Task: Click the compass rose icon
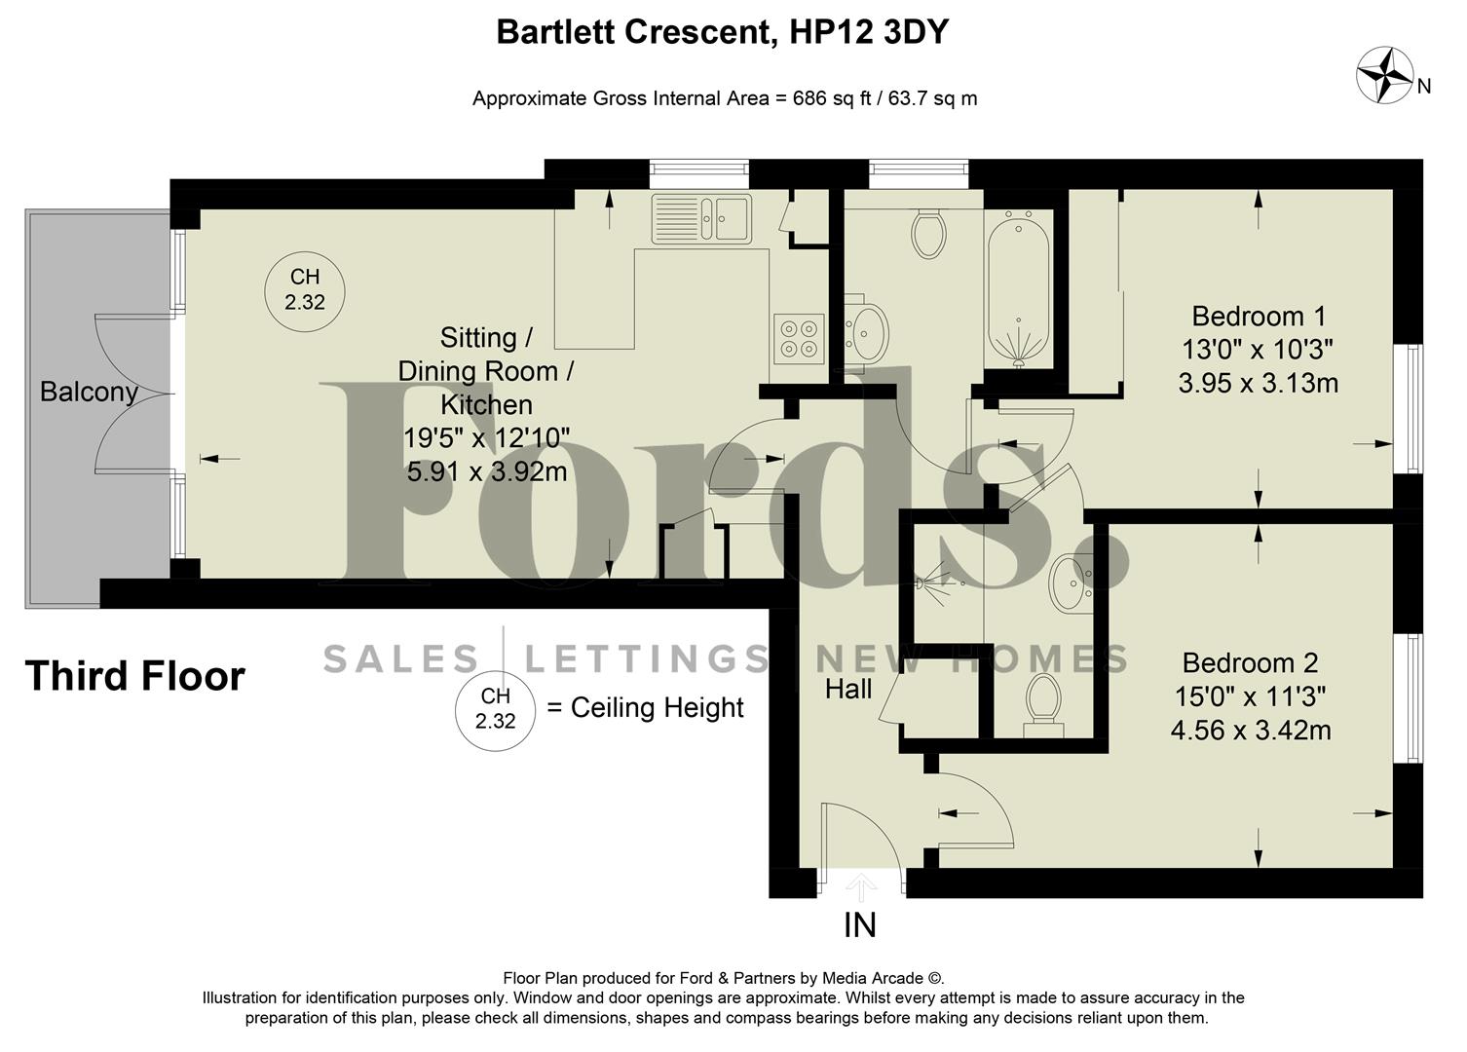point(1385,75)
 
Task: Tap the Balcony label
point(88,393)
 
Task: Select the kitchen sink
point(701,217)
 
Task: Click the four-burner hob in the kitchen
point(798,338)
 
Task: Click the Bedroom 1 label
point(1258,317)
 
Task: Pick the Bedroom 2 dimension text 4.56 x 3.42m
point(1250,730)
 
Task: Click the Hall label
point(848,690)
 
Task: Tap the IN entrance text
point(860,925)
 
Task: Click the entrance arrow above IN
point(860,887)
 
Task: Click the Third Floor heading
point(135,676)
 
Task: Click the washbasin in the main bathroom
point(864,331)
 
